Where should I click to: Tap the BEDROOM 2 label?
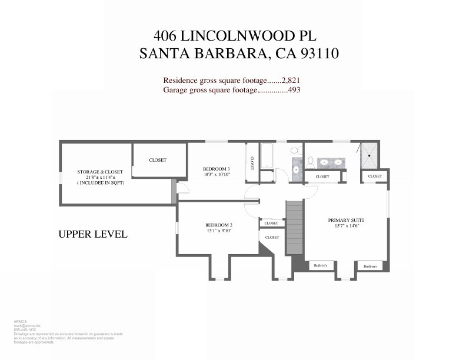coord(219,225)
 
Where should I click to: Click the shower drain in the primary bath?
coord(370,155)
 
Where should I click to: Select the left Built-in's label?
coord(322,266)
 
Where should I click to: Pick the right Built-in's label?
coord(371,266)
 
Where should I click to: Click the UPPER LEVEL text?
coord(93,234)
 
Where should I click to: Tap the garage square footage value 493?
coord(294,90)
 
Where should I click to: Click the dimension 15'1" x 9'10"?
coord(219,231)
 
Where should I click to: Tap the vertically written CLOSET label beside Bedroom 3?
coord(252,163)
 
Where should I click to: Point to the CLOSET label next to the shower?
coord(375,176)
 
